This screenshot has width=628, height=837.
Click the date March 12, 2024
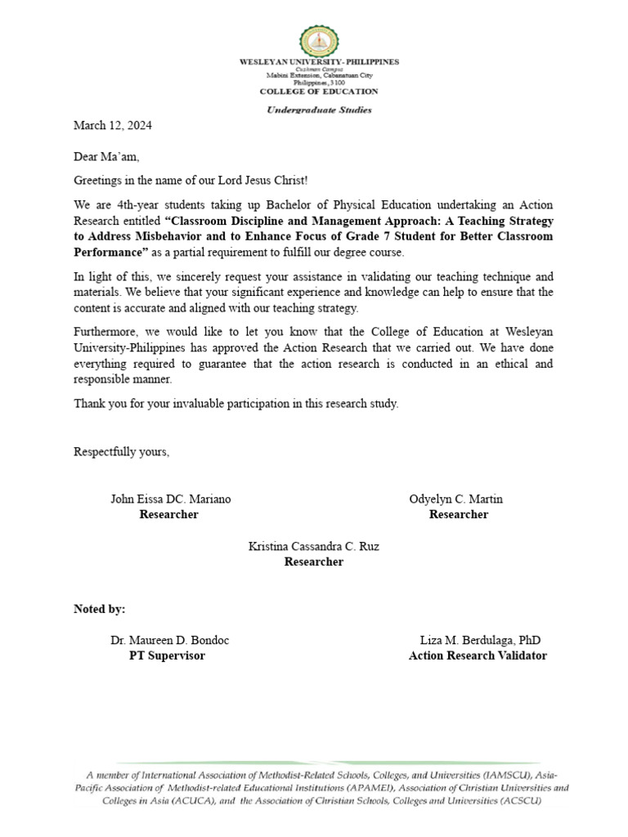click(x=113, y=126)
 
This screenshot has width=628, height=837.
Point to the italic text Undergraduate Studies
click(x=318, y=110)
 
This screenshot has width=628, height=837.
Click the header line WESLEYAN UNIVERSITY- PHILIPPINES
click(x=318, y=62)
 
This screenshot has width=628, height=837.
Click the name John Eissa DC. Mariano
click(x=170, y=499)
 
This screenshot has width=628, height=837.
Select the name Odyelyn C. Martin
click(x=456, y=499)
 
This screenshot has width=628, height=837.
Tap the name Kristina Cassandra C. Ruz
click(x=313, y=546)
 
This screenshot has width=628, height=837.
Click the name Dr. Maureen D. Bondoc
click(x=170, y=641)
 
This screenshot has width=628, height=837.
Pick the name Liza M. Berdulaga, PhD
click(x=480, y=641)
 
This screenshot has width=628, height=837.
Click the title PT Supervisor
click(x=167, y=656)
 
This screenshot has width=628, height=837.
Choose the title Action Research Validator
click(x=478, y=656)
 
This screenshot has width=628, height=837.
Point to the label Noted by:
click(x=100, y=609)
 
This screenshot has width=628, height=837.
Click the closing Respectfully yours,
click(x=122, y=452)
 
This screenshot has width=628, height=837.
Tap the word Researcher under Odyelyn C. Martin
click(x=458, y=515)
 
